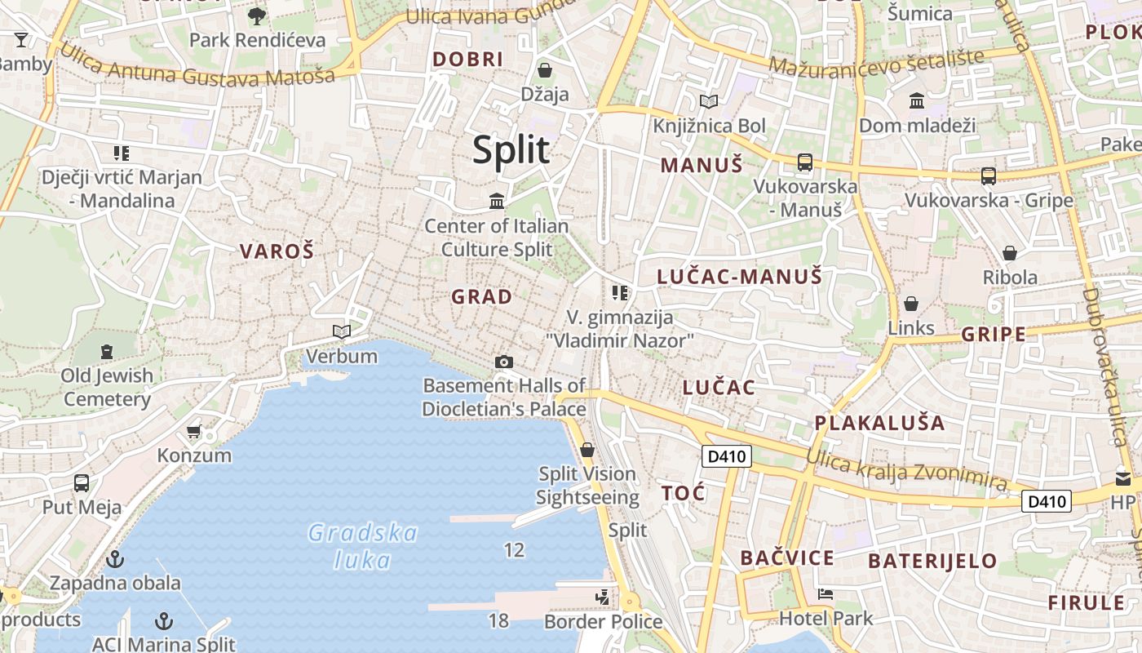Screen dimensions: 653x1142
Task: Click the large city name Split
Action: tap(511, 151)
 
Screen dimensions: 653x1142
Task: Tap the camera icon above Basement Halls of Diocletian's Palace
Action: tap(504, 362)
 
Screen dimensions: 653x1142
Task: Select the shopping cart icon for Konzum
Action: tap(193, 431)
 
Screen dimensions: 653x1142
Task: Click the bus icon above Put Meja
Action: tap(82, 482)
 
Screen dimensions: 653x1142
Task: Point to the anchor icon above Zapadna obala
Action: tap(115, 559)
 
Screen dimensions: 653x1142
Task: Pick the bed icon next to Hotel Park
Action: tap(826, 594)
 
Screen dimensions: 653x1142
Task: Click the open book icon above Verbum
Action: tap(342, 331)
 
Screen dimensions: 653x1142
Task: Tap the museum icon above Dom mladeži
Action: tap(917, 101)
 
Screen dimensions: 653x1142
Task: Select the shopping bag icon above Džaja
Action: tap(544, 70)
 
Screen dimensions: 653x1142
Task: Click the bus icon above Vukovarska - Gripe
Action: tap(988, 175)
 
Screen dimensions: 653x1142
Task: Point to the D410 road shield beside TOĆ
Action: tap(726, 456)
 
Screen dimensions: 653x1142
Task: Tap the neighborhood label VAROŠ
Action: tap(277, 251)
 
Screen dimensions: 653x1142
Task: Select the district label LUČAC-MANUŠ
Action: tap(739, 278)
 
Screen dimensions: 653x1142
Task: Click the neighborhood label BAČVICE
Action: tap(787, 558)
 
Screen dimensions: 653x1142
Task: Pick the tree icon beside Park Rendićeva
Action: tap(256, 16)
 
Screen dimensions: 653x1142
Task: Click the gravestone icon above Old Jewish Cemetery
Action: tap(106, 352)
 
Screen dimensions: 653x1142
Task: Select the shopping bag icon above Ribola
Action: tap(1010, 253)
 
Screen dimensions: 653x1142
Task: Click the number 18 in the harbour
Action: tap(498, 620)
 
